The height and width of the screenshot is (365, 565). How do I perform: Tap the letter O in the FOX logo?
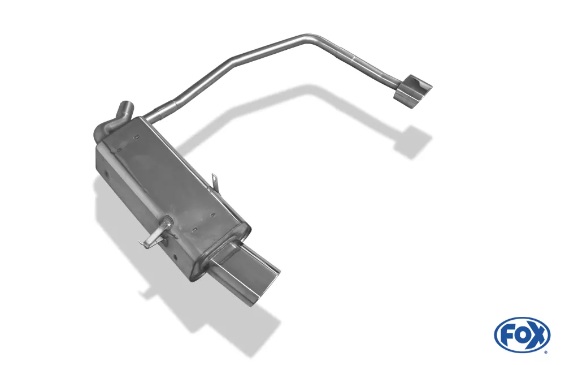[521, 334]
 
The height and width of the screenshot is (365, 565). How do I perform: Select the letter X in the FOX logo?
[537, 334]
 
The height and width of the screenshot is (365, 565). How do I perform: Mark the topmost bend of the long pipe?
[310, 37]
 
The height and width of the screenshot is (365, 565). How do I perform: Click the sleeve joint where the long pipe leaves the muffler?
[164, 111]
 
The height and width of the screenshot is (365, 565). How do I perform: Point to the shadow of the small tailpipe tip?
[412, 141]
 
